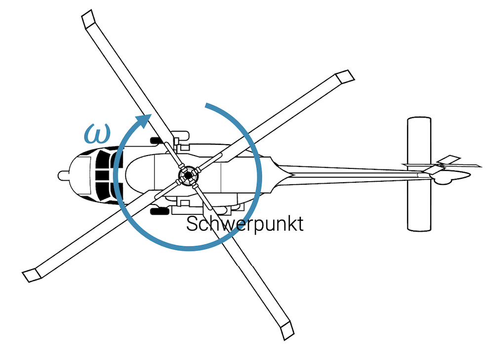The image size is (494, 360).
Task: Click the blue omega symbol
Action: pyautogui.click(x=97, y=132)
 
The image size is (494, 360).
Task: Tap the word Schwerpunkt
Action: pyautogui.click(x=245, y=224)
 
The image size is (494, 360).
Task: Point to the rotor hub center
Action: pyautogui.click(x=188, y=175)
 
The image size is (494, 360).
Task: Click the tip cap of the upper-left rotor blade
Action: pyautogui.click(x=89, y=20)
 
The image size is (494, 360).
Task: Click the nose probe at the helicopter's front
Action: pyautogui.click(x=63, y=175)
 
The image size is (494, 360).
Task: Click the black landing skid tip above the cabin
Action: pyautogui.click(x=158, y=140)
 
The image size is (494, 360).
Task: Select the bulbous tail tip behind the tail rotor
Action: pyautogui.click(x=457, y=174)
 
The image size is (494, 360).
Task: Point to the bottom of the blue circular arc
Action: pyautogui.click(x=188, y=249)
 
